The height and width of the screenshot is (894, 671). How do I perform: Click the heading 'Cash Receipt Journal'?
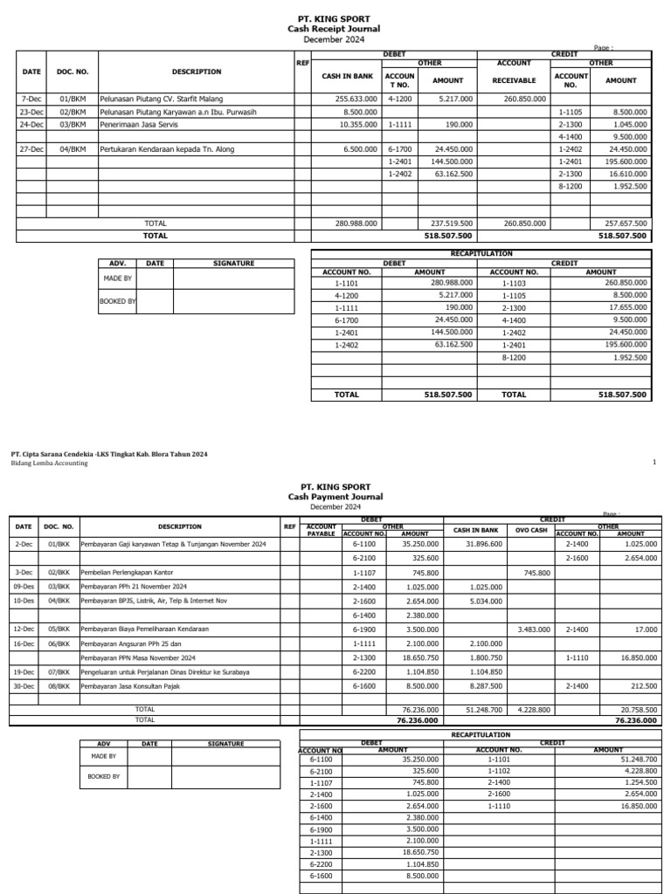pyautogui.click(x=335, y=29)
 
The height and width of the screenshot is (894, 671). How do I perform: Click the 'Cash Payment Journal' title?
pyautogui.click(x=335, y=497)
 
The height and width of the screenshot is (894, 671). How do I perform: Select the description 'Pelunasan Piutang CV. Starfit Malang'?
pyautogui.click(x=162, y=100)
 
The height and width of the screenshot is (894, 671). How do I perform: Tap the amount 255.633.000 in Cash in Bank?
pyautogui.click(x=356, y=100)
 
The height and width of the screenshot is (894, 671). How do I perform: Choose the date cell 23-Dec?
pyautogui.click(x=31, y=112)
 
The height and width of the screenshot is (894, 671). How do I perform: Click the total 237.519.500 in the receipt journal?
pyautogui.click(x=453, y=223)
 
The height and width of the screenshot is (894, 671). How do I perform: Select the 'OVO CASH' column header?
pyautogui.click(x=530, y=530)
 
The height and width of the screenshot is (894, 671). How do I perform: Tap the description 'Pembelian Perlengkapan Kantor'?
pyautogui.click(x=129, y=573)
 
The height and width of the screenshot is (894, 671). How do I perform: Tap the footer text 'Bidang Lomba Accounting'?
pyautogui.click(x=49, y=464)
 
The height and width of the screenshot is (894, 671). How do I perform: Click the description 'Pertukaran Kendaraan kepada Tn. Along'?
pyautogui.click(x=167, y=149)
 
